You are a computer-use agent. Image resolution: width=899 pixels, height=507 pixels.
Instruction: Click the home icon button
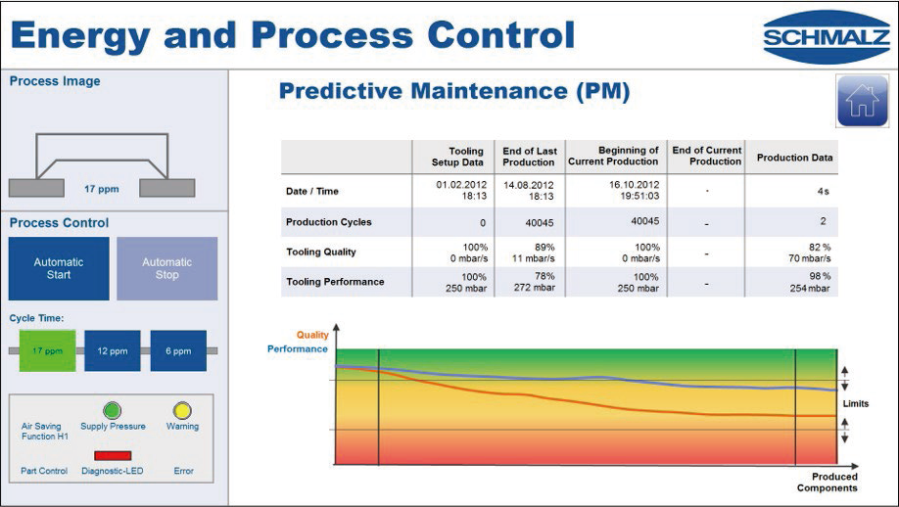[x=861, y=101]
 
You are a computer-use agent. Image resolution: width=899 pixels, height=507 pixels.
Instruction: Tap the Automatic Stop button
[x=167, y=268]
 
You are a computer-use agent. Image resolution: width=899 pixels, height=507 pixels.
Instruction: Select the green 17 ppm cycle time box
[x=48, y=350]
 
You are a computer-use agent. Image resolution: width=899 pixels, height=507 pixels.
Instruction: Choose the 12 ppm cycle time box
[x=113, y=350]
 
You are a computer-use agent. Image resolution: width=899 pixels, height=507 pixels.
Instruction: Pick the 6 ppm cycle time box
[x=178, y=350]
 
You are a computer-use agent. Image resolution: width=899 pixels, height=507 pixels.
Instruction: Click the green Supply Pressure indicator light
[x=113, y=410]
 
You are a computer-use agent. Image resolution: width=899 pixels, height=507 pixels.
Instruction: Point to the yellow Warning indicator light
[x=182, y=410]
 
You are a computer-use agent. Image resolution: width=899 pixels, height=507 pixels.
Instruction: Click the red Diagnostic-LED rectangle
[x=113, y=455]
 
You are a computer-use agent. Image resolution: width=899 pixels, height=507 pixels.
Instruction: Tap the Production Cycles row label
[x=329, y=222]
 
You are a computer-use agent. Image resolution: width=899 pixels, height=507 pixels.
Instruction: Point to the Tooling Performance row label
[x=335, y=282]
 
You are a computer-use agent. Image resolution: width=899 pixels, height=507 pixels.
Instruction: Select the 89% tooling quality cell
[x=529, y=252]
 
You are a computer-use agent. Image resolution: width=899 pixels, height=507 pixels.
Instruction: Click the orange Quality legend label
[x=312, y=335]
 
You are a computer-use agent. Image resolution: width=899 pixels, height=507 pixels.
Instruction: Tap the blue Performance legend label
[x=298, y=348]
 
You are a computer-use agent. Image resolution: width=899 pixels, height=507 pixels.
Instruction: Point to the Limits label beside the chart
[x=855, y=403]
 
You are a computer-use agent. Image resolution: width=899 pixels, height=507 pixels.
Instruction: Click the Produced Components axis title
[x=828, y=483]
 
